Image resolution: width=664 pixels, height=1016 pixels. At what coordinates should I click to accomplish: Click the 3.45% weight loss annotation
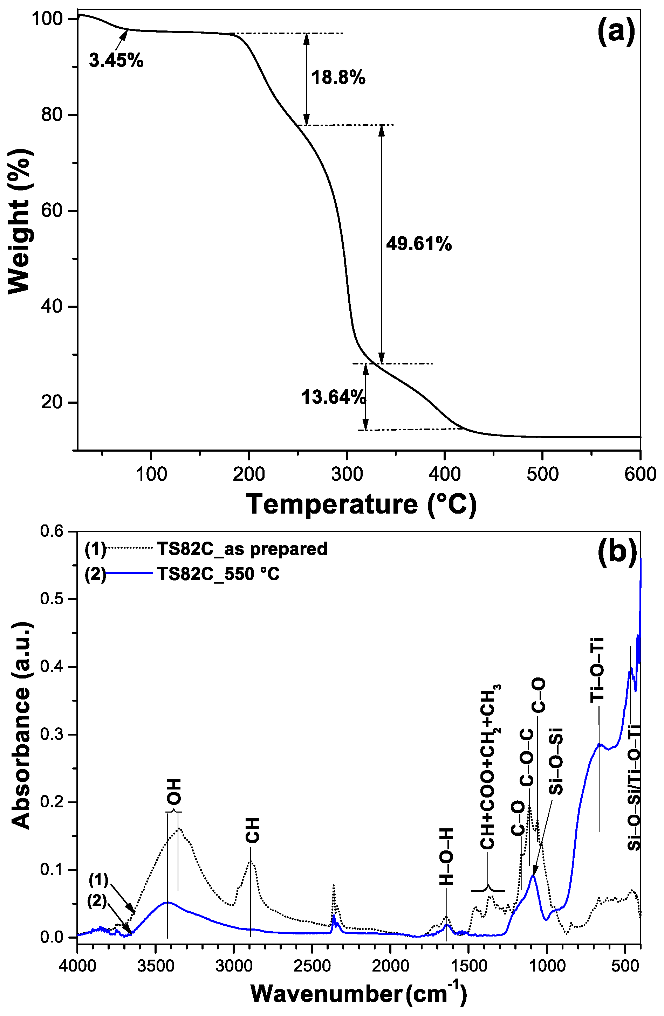116,61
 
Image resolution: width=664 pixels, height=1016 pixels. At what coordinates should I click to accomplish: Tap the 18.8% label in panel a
338,78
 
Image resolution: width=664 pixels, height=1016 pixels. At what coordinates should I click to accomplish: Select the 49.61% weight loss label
419,244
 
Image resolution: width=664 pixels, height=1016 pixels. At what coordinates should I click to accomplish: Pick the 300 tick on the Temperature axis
347,474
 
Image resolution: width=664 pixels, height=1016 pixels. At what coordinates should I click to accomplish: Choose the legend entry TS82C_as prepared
242,549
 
